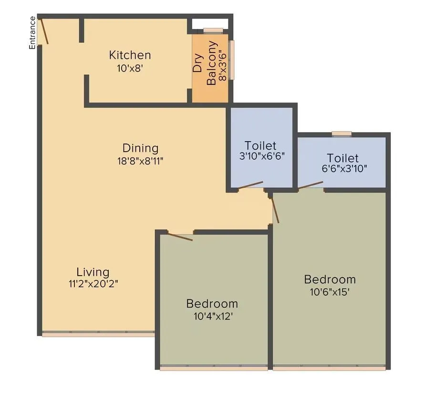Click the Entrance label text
point(32,32)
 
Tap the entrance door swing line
point(43,31)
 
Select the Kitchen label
point(130,55)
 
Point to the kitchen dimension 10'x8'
point(130,68)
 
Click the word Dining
point(140,148)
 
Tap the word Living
point(93,272)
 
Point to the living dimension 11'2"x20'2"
point(93,284)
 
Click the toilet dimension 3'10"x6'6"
point(262,156)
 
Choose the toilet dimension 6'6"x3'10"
point(343,168)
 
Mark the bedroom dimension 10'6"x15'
point(330,291)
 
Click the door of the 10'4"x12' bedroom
point(181,237)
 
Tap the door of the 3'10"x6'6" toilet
point(251,185)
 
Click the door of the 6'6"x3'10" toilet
point(311,185)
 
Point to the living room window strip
point(98,334)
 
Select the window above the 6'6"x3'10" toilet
point(342,134)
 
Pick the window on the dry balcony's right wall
point(232,60)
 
